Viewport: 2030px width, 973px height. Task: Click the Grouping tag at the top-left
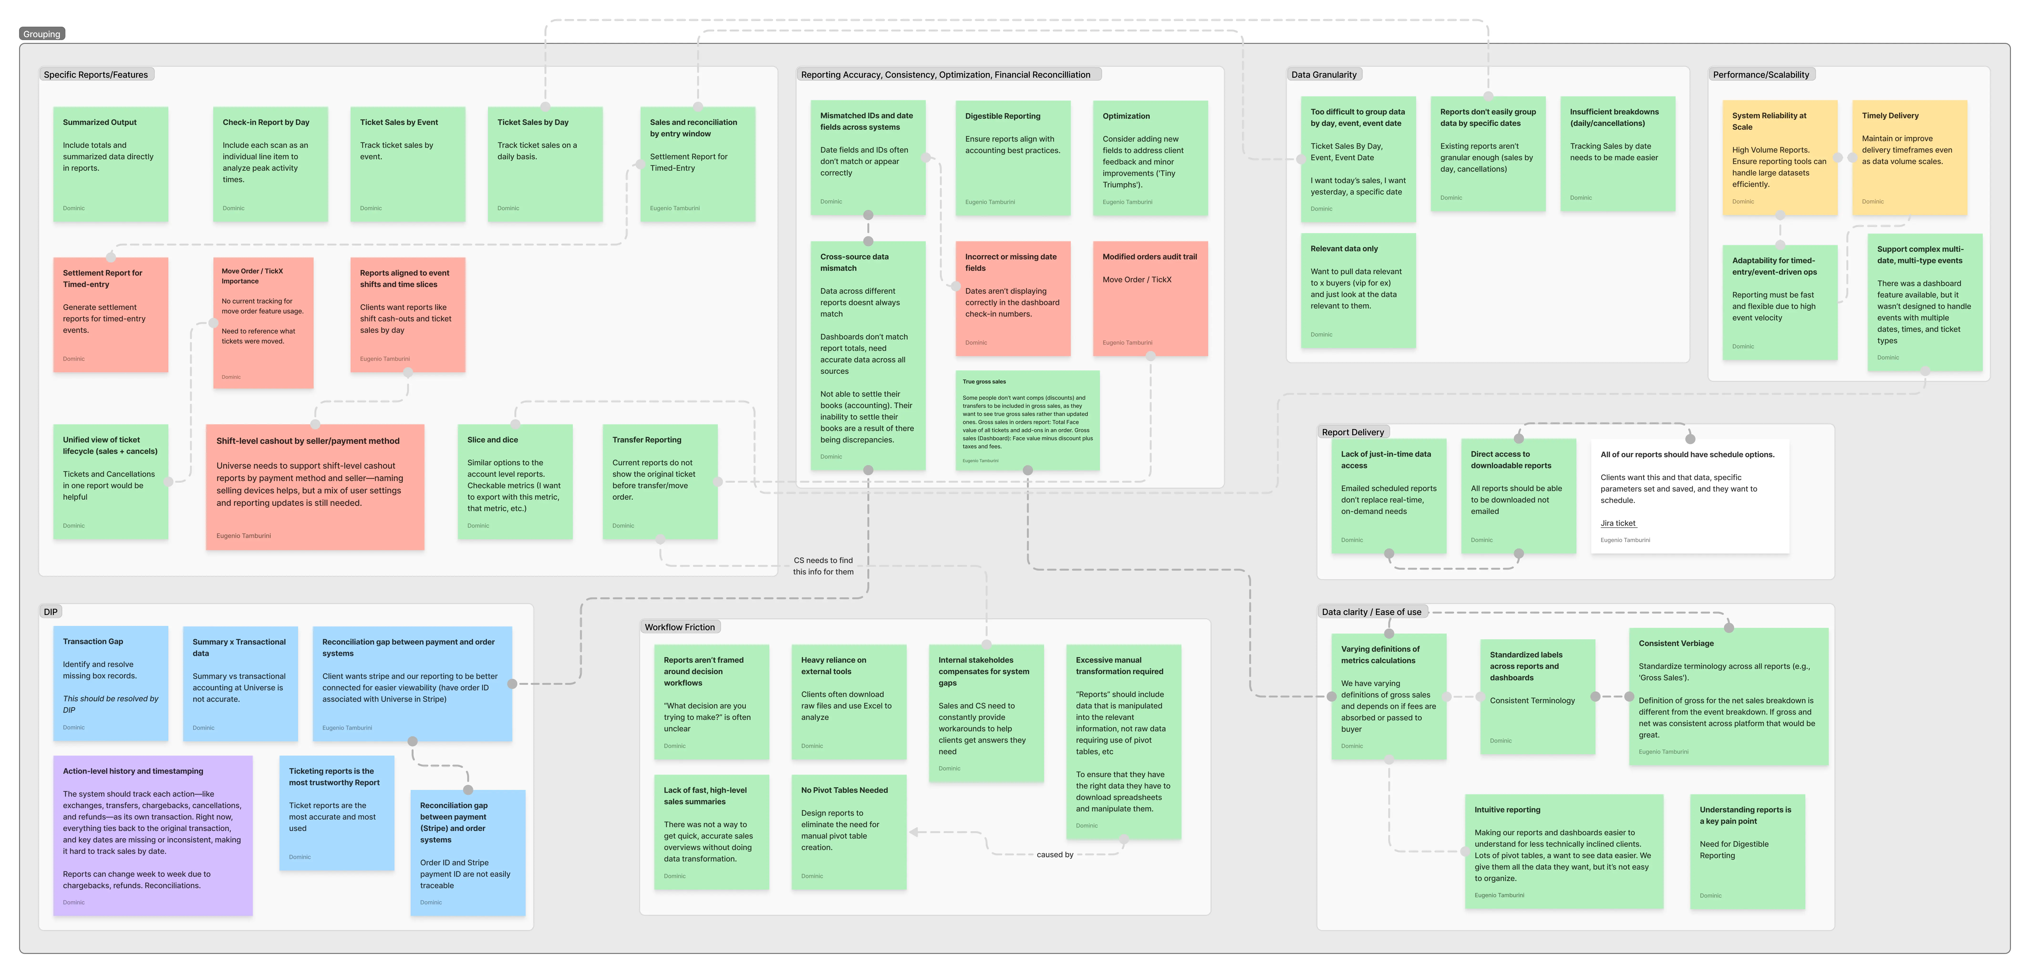pyautogui.click(x=42, y=34)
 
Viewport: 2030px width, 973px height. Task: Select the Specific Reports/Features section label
pyautogui.click(x=96, y=75)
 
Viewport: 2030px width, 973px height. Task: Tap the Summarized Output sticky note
pyautogui.click(x=110, y=164)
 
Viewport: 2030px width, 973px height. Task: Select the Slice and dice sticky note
pyautogui.click(x=515, y=481)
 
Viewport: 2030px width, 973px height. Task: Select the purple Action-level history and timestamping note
pyautogui.click(x=153, y=835)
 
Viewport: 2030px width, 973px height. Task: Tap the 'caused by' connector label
pyautogui.click(x=1054, y=855)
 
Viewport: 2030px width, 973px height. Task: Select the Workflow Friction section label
pyautogui.click(x=679, y=627)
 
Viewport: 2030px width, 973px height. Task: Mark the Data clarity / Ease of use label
pyautogui.click(x=1371, y=612)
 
